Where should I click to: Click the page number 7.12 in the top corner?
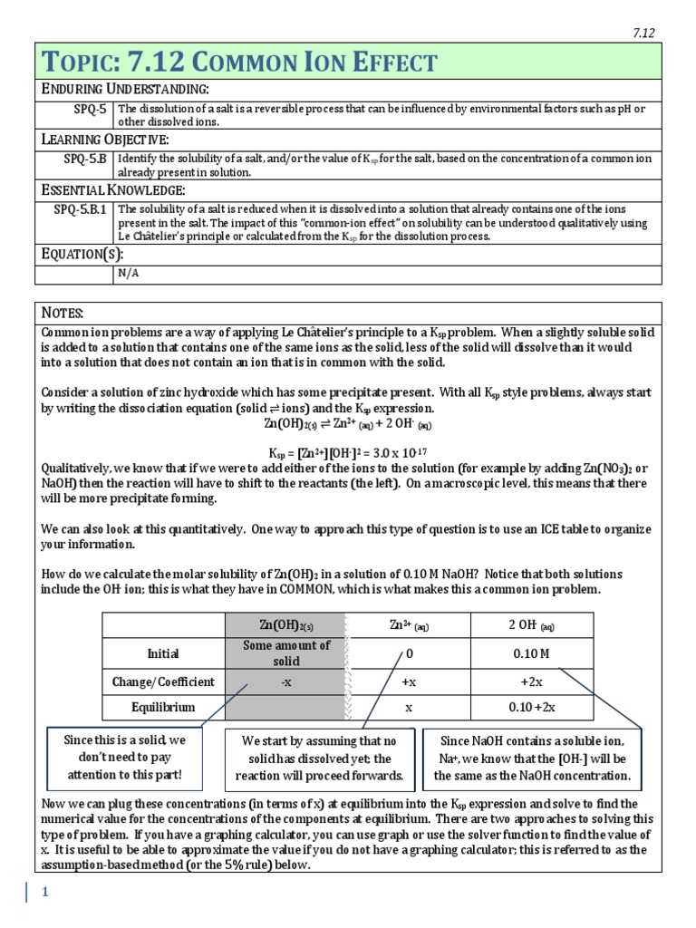pyautogui.click(x=643, y=34)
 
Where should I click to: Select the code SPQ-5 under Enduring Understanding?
pyautogui.click(x=90, y=110)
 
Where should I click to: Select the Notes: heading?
pyautogui.click(x=63, y=314)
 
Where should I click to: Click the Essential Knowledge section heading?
pyautogui.click(x=114, y=189)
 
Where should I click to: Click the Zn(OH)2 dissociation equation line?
pyautogui.click(x=348, y=423)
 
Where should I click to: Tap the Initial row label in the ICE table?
pyautogui.click(x=163, y=653)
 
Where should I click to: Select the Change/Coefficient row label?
pyautogui.click(x=163, y=681)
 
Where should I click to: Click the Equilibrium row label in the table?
pyautogui.click(x=163, y=708)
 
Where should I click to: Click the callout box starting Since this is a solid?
pyautogui.click(x=125, y=758)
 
